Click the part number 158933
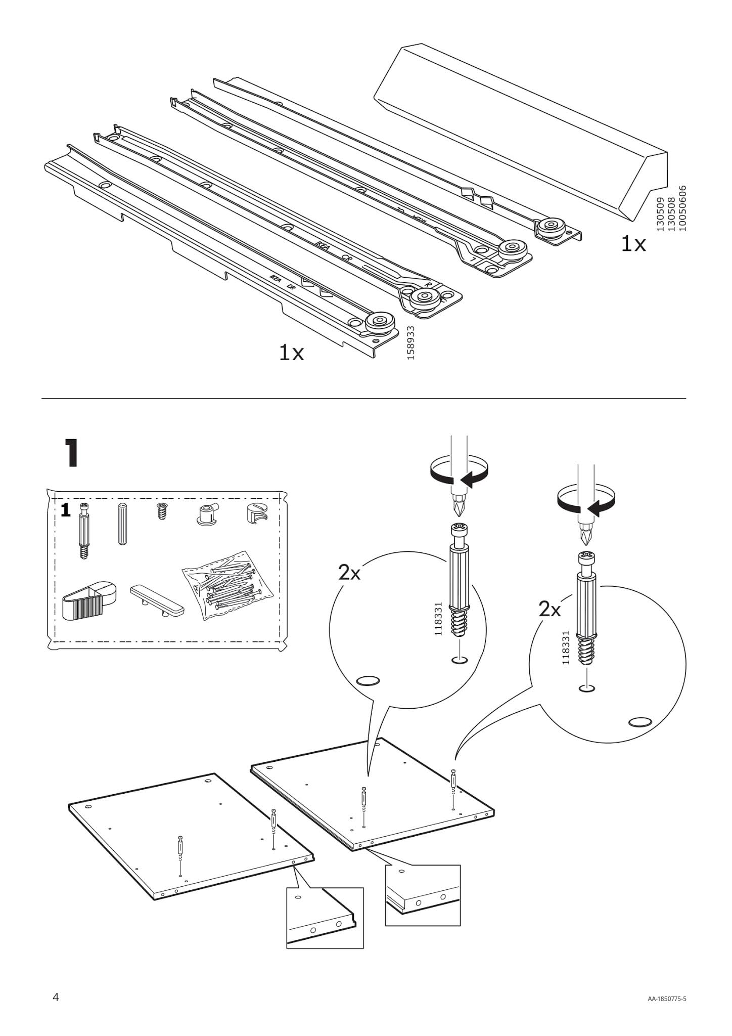[x=410, y=342]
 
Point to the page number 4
[x=56, y=997]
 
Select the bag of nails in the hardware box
[x=230, y=585]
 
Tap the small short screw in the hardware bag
[x=162, y=511]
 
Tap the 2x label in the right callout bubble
[x=550, y=610]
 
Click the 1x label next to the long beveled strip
[x=633, y=245]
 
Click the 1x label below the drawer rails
[x=291, y=353]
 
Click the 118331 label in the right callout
[x=566, y=648]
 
